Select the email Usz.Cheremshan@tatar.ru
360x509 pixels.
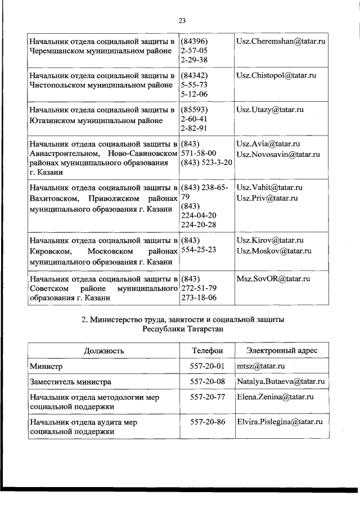point(281,42)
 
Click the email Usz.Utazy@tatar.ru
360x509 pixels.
point(272,110)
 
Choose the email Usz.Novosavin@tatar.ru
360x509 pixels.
point(278,154)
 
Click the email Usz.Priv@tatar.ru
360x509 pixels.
point(267,198)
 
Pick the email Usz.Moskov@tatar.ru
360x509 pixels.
point(274,251)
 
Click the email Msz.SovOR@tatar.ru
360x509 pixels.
point(273,278)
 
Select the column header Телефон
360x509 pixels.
point(207,350)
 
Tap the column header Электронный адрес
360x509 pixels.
point(281,350)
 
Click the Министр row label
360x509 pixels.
point(47,366)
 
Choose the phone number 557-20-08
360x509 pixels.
point(208,382)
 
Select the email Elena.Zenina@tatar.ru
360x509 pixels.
point(275,397)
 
